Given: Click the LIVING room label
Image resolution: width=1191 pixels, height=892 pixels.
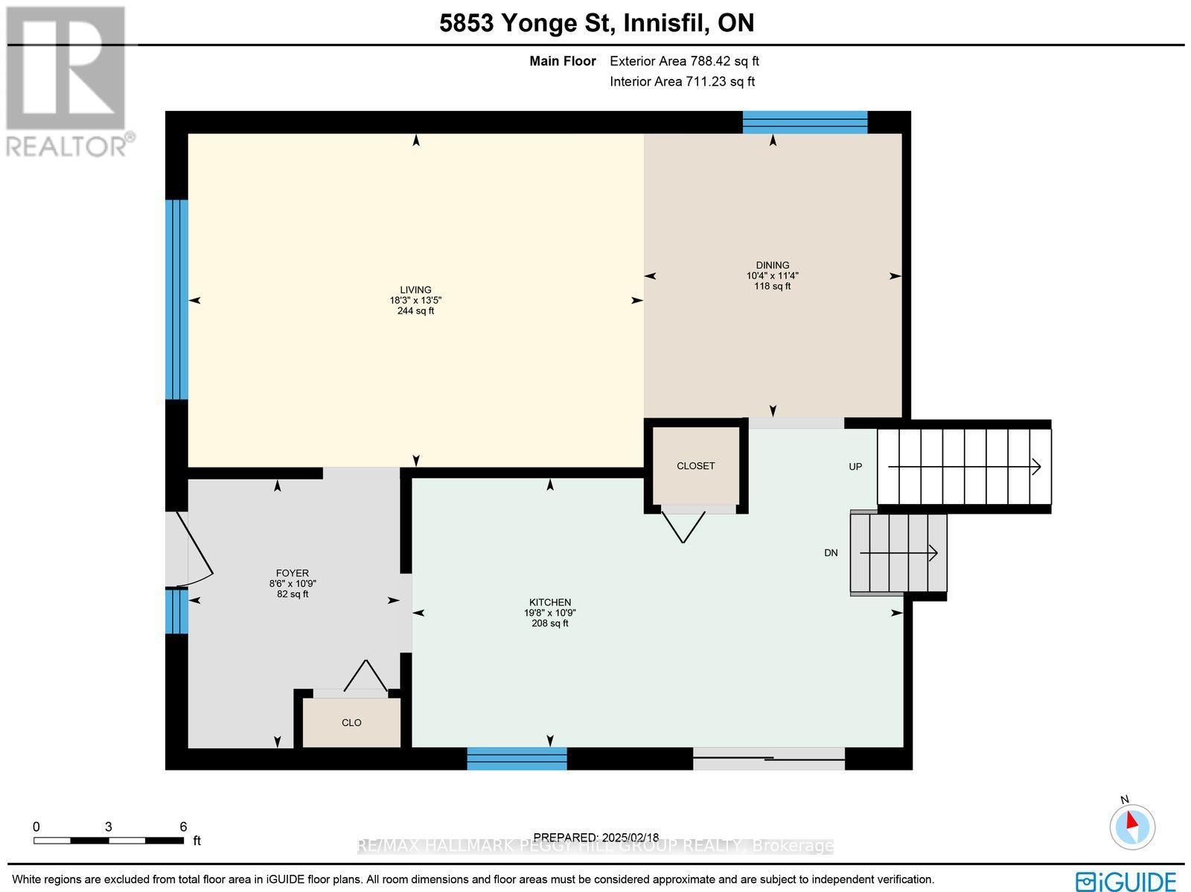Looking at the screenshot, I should (x=415, y=290).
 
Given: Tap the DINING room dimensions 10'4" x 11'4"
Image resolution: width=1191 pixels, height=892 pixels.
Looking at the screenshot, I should (x=772, y=275).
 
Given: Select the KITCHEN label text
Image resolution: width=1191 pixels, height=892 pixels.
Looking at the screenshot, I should (x=549, y=602).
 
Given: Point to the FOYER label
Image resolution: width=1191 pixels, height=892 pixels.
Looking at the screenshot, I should (x=292, y=573).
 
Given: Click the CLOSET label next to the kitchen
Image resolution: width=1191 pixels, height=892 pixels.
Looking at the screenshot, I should (x=695, y=466).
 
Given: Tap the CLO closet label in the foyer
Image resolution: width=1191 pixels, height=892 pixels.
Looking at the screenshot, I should (x=351, y=723).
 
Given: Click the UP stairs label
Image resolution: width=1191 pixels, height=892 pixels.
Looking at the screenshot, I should (x=855, y=467).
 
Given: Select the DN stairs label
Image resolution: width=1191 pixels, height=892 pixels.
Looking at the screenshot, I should (x=831, y=552).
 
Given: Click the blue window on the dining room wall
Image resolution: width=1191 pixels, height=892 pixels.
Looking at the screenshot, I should (x=805, y=122).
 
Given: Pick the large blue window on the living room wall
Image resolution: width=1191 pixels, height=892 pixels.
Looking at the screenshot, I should (x=176, y=300).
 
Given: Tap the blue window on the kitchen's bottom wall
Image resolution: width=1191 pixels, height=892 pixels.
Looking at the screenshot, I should (x=517, y=758).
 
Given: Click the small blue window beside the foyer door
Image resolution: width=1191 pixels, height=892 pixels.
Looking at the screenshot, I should (x=176, y=611).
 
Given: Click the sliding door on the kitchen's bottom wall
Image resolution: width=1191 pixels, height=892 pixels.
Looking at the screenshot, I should (x=768, y=759).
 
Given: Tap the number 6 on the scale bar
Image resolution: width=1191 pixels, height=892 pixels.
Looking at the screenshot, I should (x=183, y=826).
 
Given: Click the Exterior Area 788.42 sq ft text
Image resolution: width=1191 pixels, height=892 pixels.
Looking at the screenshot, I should (x=684, y=62).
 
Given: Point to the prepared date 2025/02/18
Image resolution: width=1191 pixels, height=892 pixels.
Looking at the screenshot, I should (x=595, y=838).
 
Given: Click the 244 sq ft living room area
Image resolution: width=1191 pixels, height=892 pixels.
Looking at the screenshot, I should (x=415, y=311).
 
